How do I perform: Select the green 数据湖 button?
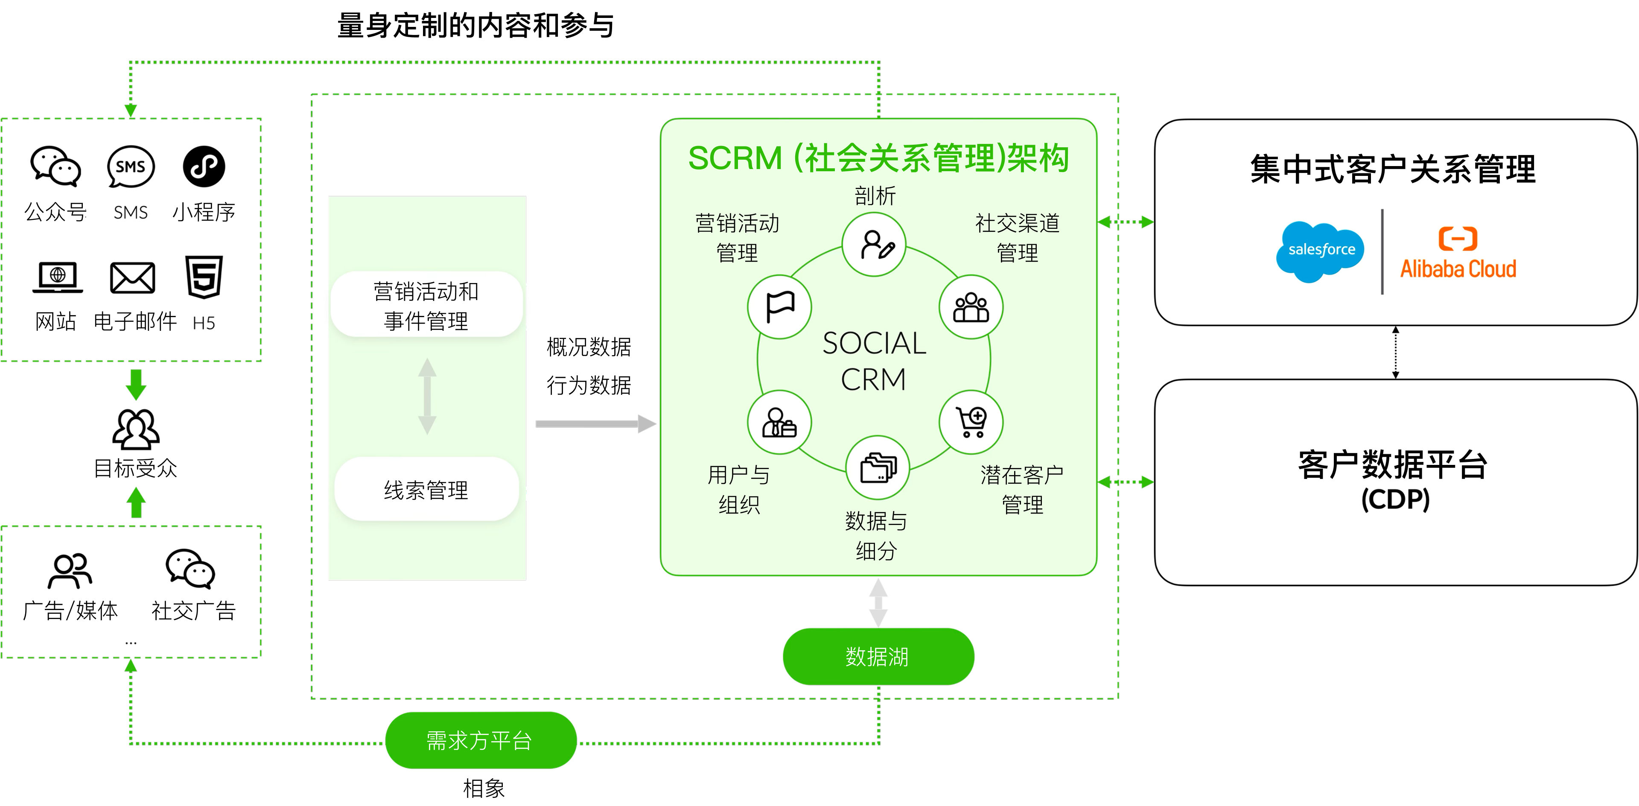(878, 657)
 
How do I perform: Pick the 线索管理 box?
(426, 489)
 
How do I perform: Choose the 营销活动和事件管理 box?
(426, 305)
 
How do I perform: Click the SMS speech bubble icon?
(131, 166)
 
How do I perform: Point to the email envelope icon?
(132, 278)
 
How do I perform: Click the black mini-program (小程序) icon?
(204, 166)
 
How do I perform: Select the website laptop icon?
(57, 278)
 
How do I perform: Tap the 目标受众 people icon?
(136, 429)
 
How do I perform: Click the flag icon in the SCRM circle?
(779, 307)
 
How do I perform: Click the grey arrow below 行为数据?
(595, 423)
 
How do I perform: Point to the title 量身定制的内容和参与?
(475, 26)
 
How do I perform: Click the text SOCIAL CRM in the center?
(874, 361)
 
